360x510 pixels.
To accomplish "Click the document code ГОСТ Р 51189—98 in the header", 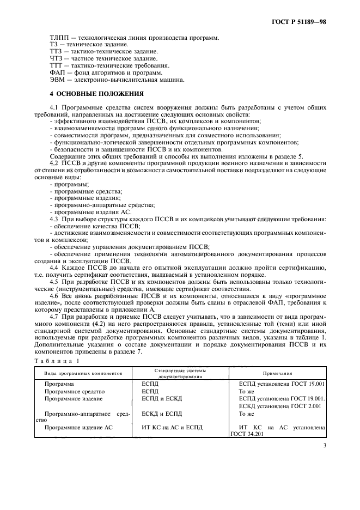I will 302,22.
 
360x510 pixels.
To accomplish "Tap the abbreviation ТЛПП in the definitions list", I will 42,37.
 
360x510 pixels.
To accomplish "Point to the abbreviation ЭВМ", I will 41,80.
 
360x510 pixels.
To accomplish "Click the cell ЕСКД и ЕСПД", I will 158,414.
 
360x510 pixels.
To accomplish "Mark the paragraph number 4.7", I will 54,317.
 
